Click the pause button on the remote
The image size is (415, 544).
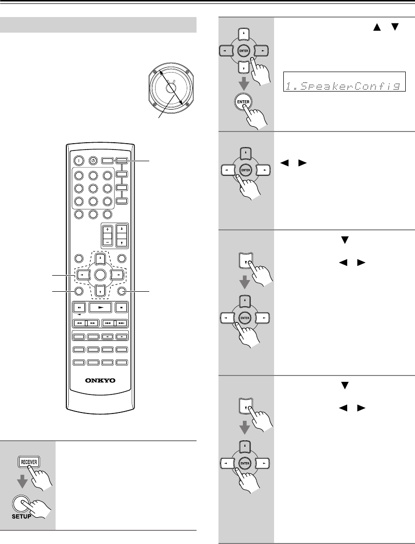(78, 308)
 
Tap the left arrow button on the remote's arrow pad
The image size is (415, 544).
(81, 274)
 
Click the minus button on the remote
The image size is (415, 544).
(107, 242)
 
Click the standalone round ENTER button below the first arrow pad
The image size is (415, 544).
(241, 101)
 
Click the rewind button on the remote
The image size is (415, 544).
(78, 323)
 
